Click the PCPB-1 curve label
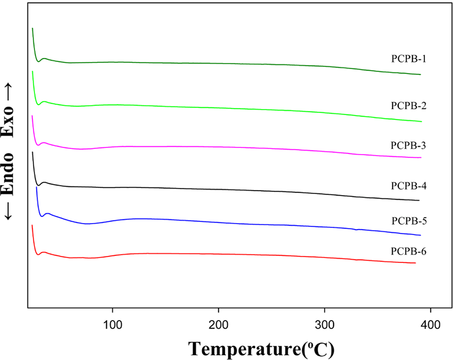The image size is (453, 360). [409, 59]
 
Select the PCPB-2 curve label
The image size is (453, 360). [409, 106]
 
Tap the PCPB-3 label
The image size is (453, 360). [408, 145]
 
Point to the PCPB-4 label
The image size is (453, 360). [409, 186]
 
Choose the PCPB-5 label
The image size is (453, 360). [409, 221]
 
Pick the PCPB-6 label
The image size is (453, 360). [409, 252]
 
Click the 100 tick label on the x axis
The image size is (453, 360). [113, 325]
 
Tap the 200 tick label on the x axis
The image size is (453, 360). [219, 325]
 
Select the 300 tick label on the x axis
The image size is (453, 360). [325, 325]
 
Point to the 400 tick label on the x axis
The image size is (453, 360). [431, 325]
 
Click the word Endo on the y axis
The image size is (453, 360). [8, 174]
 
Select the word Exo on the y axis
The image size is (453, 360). [8, 121]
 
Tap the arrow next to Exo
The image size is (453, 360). [8, 92]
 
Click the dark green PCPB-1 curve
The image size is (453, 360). [220, 63]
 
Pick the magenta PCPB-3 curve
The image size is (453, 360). [220, 147]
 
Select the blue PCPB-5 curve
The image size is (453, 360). [220, 222]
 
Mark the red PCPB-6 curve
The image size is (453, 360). [220, 254]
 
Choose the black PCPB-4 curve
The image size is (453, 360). [220, 190]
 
